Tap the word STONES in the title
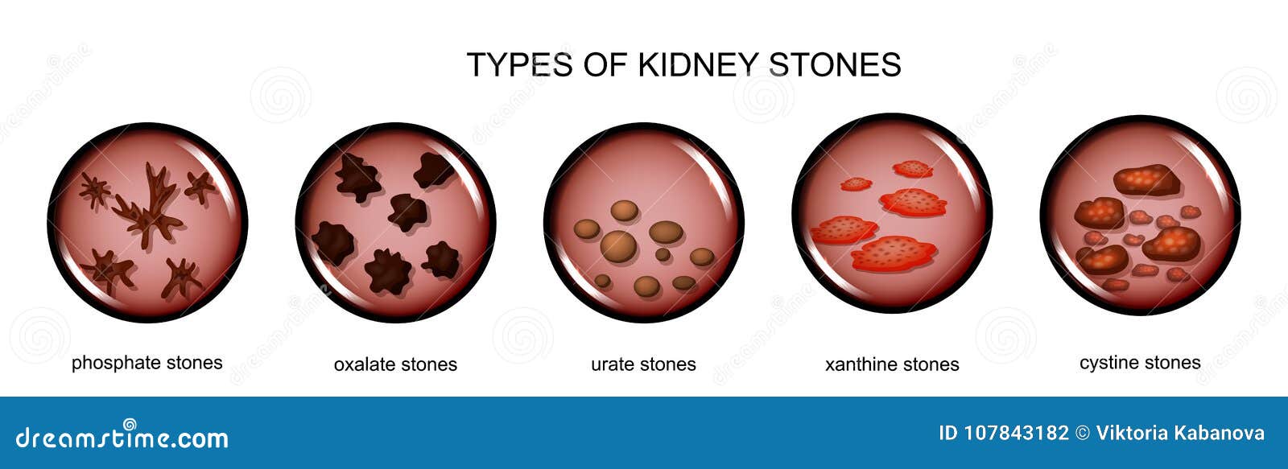click(835, 64)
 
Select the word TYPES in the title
click(520, 64)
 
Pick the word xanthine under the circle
click(862, 364)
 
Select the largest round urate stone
click(619, 247)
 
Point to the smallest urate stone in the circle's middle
click(663, 254)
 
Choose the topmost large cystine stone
click(1146, 180)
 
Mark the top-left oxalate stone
click(357, 178)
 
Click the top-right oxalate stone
click(434, 171)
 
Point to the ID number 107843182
click(1003, 433)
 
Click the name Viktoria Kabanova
click(1180, 433)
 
